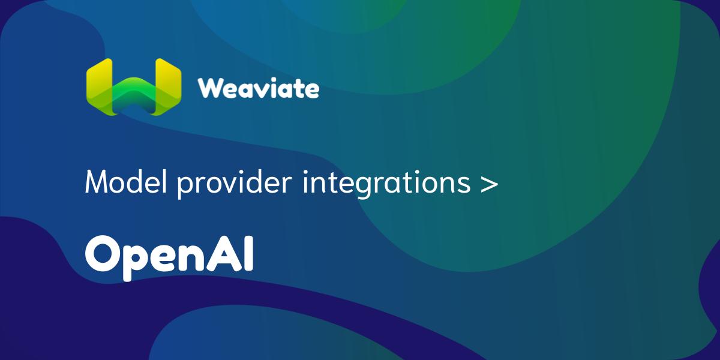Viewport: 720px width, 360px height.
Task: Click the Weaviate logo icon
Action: point(134,87)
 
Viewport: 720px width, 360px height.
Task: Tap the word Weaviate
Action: point(259,88)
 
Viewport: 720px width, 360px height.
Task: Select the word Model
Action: point(126,182)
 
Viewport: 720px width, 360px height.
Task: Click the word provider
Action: point(235,184)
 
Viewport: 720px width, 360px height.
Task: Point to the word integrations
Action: point(386,184)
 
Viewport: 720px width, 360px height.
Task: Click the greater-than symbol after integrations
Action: point(489,184)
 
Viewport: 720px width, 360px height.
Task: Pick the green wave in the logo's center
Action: point(134,95)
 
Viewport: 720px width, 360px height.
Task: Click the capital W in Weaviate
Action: point(213,88)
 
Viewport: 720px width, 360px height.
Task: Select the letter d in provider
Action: point(257,182)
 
